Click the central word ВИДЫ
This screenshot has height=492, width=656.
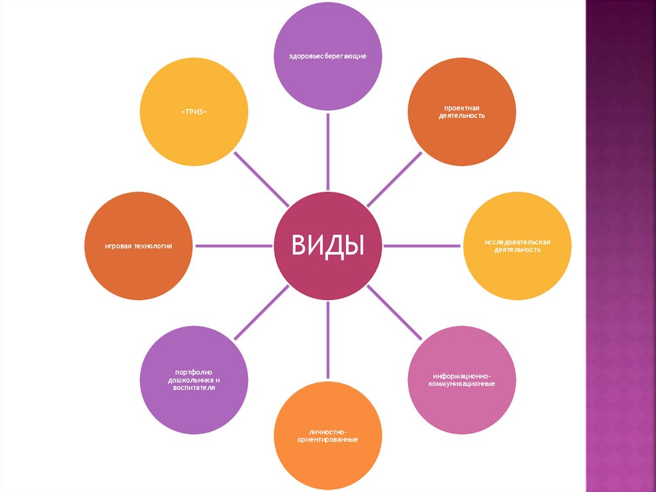tap(328, 245)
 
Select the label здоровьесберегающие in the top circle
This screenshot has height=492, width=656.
tap(327, 57)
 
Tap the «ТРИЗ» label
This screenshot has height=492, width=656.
tap(193, 112)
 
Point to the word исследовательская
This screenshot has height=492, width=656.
tap(517, 241)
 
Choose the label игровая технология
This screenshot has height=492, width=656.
tap(139, 246)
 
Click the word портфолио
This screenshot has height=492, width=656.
tap(193, 371)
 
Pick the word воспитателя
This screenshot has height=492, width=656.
tap(193, 388)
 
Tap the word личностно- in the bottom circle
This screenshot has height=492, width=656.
tap(327, 431)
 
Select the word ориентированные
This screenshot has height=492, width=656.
tap(327, 439)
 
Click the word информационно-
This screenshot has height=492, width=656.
tap(462, 375)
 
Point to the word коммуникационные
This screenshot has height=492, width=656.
tap(462, 383)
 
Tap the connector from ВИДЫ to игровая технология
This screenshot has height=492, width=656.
tap(233, 246)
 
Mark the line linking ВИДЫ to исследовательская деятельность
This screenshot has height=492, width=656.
tap(423, 246)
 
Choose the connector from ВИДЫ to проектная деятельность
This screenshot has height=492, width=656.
tap(395, 178)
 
